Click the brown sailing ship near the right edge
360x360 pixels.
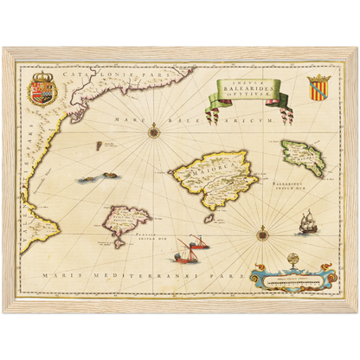[305, 224]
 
